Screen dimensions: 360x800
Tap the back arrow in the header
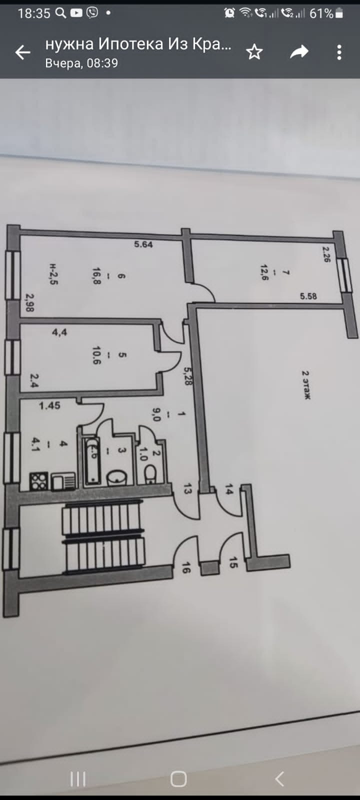tap(23, 52)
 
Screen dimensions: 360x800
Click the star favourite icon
tap(254, 52)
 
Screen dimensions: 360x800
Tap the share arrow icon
tap(299, 52)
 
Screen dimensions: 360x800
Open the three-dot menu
tap(339, 52)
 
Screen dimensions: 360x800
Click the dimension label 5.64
tap(143, 244)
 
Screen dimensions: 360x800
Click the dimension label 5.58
tap(308, 296)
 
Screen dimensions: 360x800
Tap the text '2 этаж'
tap(306, 384)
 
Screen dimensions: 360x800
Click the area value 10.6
tap(96, 355)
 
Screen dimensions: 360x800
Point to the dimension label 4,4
tap(59, 332)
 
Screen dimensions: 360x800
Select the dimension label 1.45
tap(49, 405)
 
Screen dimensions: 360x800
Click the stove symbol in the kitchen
tap(39, 481)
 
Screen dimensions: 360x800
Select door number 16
tap(185, 568)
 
